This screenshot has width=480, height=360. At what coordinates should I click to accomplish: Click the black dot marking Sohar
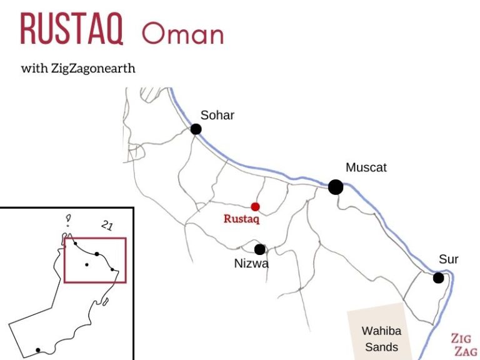coord(196,129)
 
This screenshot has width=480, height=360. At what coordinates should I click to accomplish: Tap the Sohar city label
coord(217,115)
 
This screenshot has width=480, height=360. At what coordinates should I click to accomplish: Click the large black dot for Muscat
coord(336,187)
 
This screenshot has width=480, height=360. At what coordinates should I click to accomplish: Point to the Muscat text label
coord(366,167)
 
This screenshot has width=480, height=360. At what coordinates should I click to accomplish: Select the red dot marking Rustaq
coord(255,207)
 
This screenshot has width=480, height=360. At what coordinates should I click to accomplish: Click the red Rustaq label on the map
coord(241,219)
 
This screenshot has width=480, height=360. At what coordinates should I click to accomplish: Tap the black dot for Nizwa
coord(259,249)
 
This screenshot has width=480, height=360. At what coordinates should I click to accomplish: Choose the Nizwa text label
coord(251,264)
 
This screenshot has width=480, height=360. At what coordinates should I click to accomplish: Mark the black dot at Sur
coord(438,277)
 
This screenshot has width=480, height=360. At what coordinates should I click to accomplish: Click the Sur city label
coord(449,259)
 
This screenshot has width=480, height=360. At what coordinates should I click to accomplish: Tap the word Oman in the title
coord(182,32)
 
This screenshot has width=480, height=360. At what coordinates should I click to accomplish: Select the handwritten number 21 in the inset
coord(107,226)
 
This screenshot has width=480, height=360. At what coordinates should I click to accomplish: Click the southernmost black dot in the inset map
coord(38,350)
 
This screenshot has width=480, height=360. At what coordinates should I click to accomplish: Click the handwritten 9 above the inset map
coord(68,219)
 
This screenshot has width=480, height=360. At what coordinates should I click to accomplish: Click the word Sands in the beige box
coord(381,347)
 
